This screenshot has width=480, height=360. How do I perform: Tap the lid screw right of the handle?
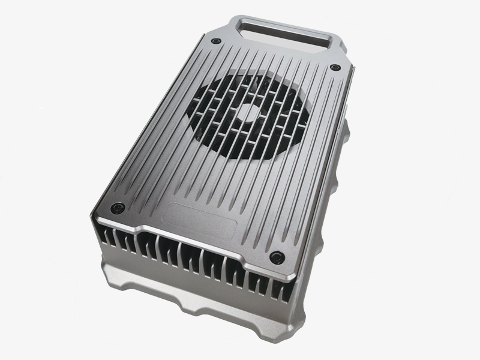[335, 67]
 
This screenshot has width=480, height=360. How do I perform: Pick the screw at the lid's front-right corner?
[275, 257]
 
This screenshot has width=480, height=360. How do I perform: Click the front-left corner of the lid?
[92, 210]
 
